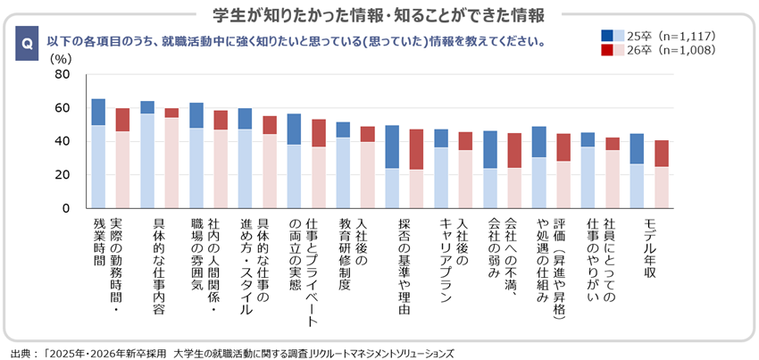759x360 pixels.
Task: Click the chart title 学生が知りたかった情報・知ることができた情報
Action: pyautogui.click(x=380, y=15)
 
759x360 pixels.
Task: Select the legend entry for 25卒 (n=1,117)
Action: pyautogui.click(x=658, y=36)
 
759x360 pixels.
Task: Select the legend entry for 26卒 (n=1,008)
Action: pyautogui.click(x=658, y=50)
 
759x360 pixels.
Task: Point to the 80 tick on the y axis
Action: pyautogui.click(x=62, y=75)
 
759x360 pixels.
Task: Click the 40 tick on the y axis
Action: pyautogui.click(x=62, y=141)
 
